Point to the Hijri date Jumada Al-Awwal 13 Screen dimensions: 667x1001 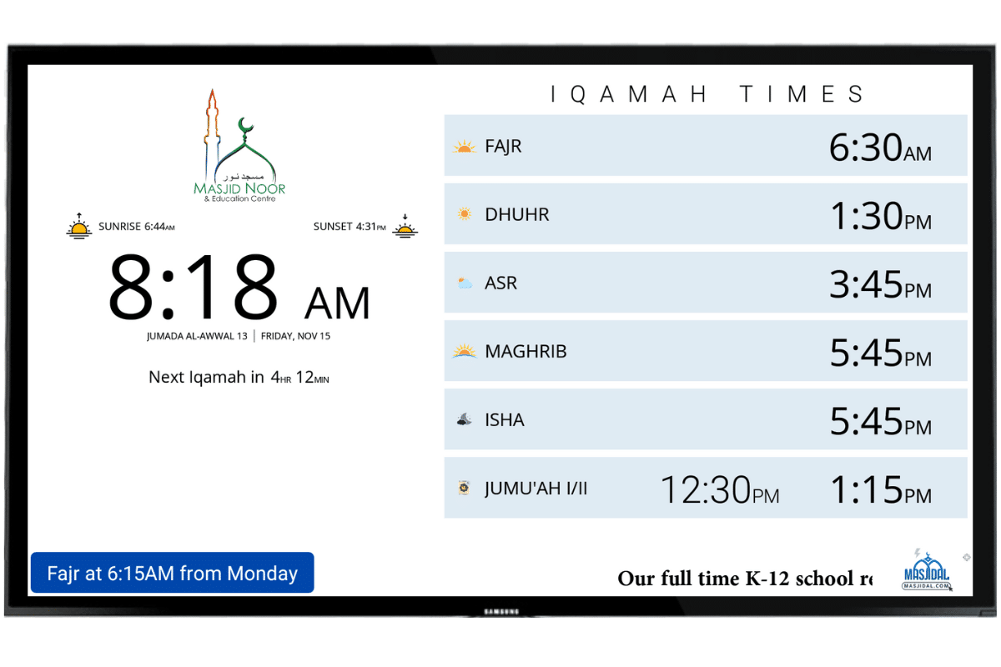tap(197, 337)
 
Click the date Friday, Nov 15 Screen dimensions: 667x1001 tap(296, 337)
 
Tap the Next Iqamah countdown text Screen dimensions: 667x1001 tap(239, 378)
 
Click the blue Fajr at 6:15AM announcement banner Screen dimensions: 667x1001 tap(172, 574)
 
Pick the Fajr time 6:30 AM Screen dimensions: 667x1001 tap(879, 148)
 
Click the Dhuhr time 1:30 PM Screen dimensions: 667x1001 tap(879, 217)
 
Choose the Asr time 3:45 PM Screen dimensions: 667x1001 tap(879, 285)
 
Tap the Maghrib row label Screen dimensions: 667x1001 tap(526, 352)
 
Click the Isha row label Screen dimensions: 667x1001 tap(505, 420)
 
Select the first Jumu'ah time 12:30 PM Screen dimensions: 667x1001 tap(719, 490)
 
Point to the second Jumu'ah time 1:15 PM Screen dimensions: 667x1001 tap(879, 490)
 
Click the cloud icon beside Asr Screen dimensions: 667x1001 tap(465, 283)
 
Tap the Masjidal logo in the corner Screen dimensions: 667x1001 tap(927, 571)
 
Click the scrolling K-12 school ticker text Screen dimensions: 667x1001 tap(744, 579)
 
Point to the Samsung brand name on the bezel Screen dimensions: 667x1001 tap(500, 612)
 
